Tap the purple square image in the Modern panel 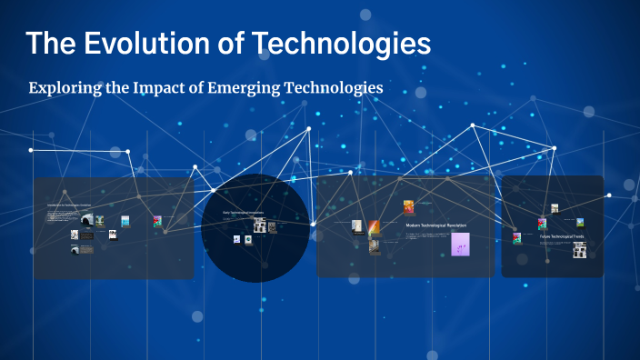coord(460,244)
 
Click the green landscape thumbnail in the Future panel coord(579,221)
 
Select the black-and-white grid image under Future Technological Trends coord(579,249)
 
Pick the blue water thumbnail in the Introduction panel coord(125,221)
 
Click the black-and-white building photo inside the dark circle coord(260,225)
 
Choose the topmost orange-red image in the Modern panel coord(408,206)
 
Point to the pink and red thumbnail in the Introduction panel coord(157,221)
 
